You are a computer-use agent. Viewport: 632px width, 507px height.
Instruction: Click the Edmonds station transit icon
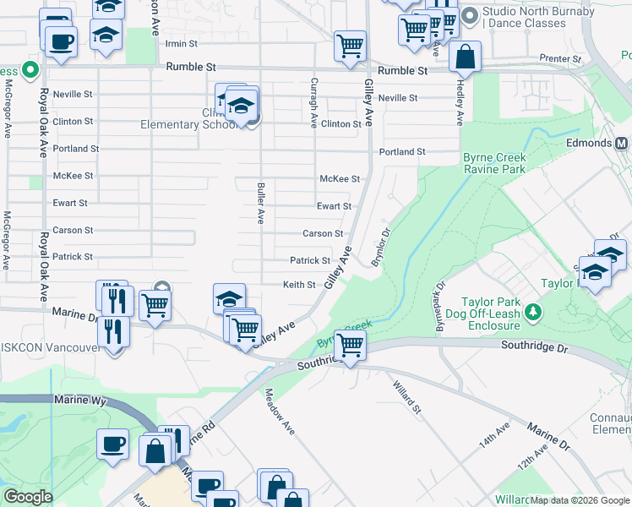[x=621, y=143]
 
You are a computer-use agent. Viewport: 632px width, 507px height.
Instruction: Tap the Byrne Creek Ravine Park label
[x=494, y=164]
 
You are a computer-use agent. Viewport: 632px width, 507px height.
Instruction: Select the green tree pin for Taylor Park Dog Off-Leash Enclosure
[x=532, y=313]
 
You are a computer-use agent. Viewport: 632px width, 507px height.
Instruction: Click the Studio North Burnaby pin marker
[x=470, y=15]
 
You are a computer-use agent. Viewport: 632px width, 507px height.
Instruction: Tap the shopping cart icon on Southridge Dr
[x=350, y=345]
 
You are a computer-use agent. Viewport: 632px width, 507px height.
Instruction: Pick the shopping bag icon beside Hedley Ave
[x=465, y=57]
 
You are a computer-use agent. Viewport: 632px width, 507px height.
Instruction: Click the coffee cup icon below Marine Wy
[x=112, y=444]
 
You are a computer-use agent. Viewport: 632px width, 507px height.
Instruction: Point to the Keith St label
[x=299, y=285]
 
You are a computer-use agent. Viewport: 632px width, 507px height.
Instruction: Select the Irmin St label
[x=181, y=43]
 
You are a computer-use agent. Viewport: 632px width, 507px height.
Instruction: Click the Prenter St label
[x=565, y=59]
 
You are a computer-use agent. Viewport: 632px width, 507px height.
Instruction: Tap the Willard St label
[x=406, y=397]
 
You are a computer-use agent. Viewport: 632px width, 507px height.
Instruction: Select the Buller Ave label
[x=261, y=203]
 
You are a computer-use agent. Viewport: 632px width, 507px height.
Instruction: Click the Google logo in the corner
[x=29, y=497]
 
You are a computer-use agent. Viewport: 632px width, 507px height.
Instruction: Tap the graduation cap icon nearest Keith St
[x=229, y=299]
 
